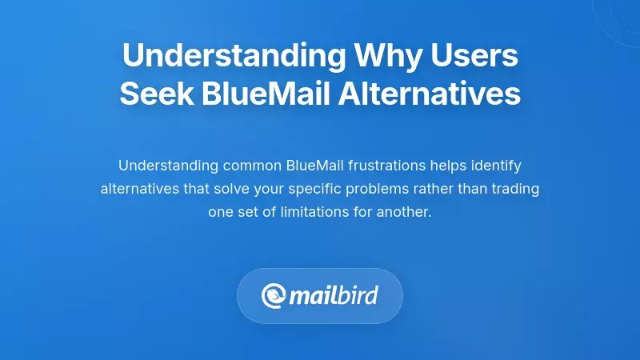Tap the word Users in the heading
tap(478, 57)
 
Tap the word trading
tap(516, 190)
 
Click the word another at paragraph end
tap(404, 214)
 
